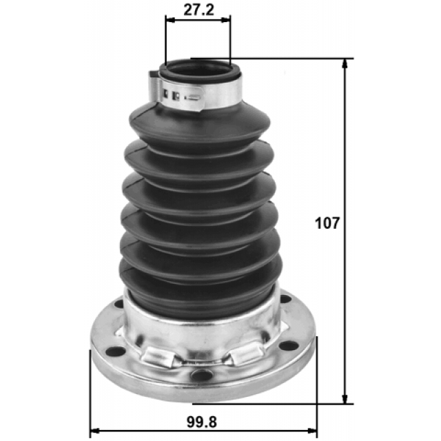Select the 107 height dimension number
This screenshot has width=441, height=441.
tap(328, 223)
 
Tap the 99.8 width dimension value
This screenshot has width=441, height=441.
tap(205, 420)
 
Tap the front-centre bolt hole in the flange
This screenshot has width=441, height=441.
tap(201, 374)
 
